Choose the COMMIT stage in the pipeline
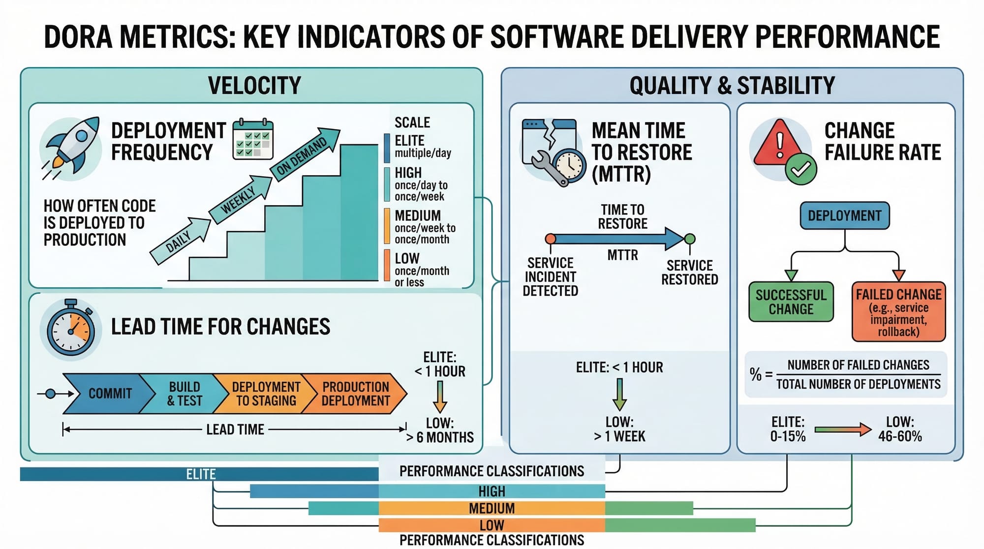(109, 394)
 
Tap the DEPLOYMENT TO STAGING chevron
(266, 394)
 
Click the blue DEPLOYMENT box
(844, 215)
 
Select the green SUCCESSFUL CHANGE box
(791, 302)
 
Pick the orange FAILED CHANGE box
(898, 311)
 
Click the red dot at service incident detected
(551, 239)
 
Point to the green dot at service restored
(690, 239)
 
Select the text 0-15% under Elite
(788, 436)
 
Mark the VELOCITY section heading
(254, 85)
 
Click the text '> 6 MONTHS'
(440, 437)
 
